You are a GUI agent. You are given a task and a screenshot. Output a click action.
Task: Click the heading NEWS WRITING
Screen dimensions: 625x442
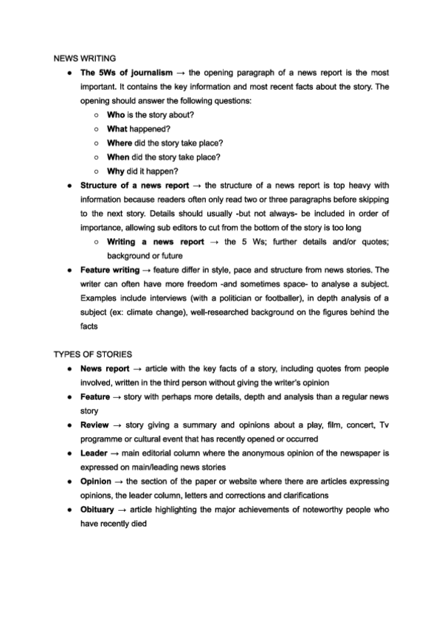tap(83, 57)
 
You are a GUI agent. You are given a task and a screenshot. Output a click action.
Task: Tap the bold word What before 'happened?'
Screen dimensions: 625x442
tap(117, 128)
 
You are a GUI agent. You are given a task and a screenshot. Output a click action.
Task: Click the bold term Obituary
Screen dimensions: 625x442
tap(99, 509)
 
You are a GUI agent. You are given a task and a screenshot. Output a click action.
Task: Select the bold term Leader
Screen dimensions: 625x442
tap(94, 453)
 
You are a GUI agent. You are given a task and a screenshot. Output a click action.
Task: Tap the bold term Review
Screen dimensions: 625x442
tap(95, 425)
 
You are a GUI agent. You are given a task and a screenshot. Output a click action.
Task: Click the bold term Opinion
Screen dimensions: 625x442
tap(97, 481)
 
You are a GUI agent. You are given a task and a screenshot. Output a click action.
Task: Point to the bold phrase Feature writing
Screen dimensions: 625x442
tap(110, 270)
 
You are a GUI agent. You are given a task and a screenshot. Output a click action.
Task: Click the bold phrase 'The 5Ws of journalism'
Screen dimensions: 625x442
tap(126, 72)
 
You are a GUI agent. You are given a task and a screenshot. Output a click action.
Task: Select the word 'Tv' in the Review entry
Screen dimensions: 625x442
tap(384, 425)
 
